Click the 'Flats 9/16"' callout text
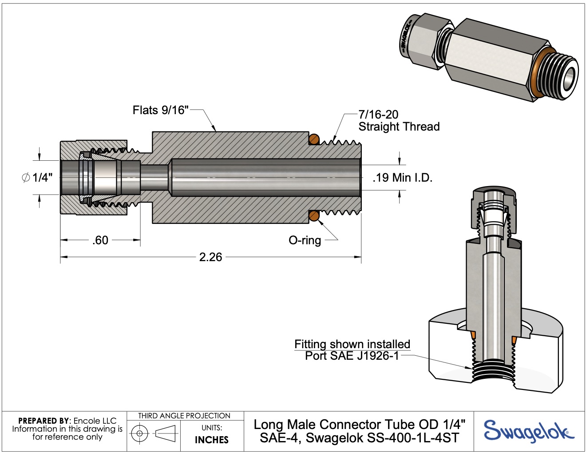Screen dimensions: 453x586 pos(161,110)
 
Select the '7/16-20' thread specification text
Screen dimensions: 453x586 pos(378,115)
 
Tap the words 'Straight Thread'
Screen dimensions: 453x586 pos(399,127)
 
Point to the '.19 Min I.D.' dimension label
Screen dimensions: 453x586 pos(402,178)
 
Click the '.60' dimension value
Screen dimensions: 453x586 pos(100,240)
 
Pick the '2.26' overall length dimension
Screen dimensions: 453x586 pos(210,257)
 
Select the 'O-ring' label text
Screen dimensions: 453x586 pos(305,240)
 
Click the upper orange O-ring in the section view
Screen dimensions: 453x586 pos(314,139)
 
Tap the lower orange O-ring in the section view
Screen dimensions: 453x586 pos(314,216)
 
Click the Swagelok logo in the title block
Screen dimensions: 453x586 pos(528,431)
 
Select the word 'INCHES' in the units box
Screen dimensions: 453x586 pos(212,440)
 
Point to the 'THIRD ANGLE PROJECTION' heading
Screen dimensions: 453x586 pos(184,416)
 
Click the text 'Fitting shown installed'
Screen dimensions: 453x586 pos(352,344)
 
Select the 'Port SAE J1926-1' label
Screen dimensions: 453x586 pos(352,356)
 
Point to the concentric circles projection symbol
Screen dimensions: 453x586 pos(140,433)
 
